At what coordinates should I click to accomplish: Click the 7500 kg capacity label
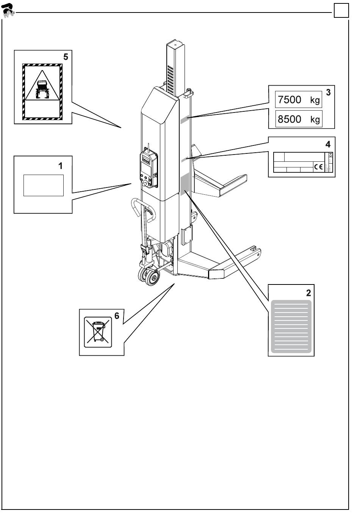[x=299, y=100]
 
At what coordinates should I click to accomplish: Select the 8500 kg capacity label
[x=299, y=119]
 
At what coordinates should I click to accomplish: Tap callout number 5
[x=66, y=57]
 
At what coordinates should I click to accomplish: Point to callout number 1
[x=60, y=166]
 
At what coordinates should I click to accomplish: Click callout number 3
[x=328, y=92]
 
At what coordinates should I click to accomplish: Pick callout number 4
[x=328, y=144]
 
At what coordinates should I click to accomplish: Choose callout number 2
[x=308, y=293]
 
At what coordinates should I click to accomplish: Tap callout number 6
[x=117, y=316]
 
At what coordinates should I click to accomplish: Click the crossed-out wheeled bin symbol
[x=99, y=331]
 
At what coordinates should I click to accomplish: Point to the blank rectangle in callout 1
[x=43, y=185]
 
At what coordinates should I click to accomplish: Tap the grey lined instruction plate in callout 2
[x=291, y=327]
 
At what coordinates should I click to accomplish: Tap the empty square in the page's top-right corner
[x=341, y=11]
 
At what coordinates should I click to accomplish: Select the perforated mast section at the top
[x=171, y=80]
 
